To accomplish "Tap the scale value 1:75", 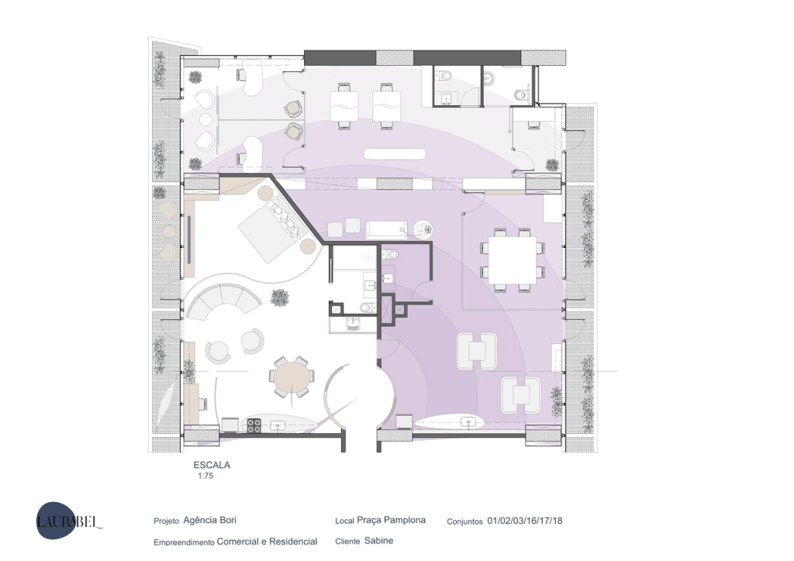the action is [x=205, y=476].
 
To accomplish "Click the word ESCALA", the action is [x=212, y=465].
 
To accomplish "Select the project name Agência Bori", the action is [x=209, y=520].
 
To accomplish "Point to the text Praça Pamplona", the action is [x=391, y=520].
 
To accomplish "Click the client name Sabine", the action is [x=378, y=541].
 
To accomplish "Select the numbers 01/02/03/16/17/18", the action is [x=525, y=521].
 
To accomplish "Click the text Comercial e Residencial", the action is [x=267, y=542].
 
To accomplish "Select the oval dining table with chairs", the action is [x=292, y=377].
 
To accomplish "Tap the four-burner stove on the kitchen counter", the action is [x=254, y=425].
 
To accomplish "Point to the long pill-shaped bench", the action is [x=395, y=153].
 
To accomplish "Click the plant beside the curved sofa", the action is [x=279, y=298].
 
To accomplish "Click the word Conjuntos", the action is [x=464, y=521].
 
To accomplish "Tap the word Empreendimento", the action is [x=184, y=542].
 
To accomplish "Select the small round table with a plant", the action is [x=423, y=229].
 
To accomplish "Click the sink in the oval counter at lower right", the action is [x=468, y=422].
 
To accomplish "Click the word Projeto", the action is [x=166, y=521].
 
